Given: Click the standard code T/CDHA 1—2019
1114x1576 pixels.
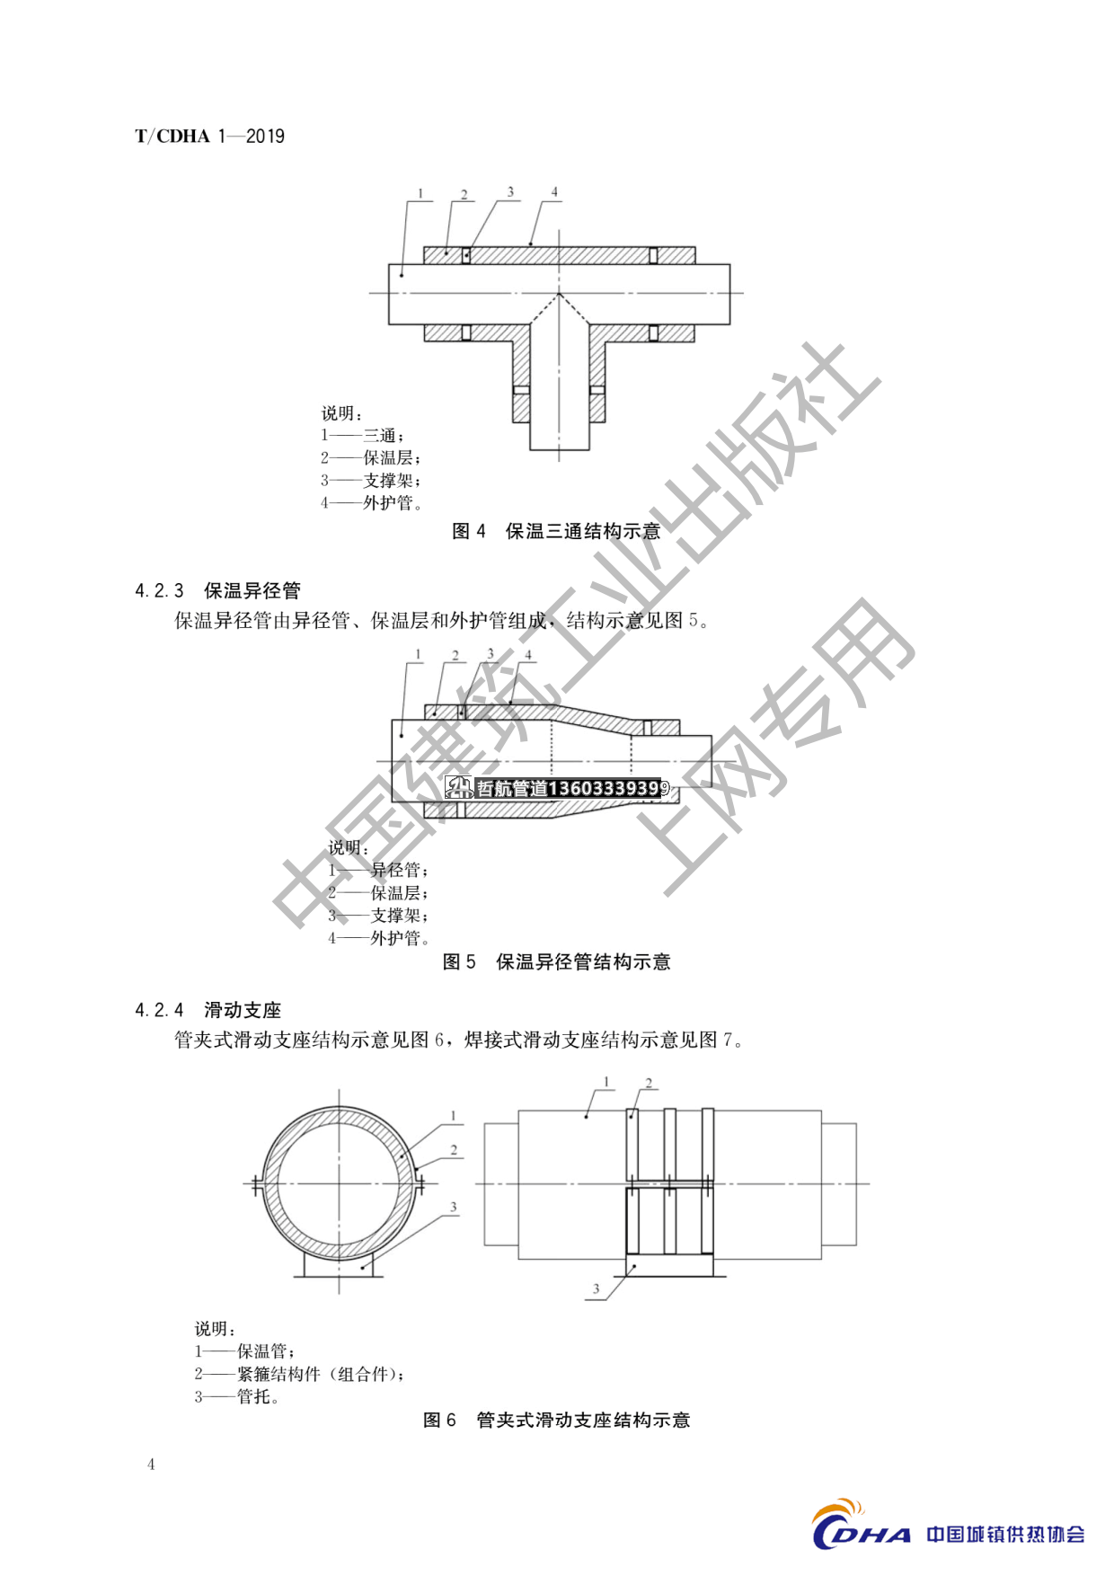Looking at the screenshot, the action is click(209, 137).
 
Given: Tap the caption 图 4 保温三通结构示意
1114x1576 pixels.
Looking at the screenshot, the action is click(556, 531).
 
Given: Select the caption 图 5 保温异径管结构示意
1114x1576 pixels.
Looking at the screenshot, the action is click(557, 962).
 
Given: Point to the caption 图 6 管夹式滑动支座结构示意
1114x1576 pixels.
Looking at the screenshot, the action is click(557, 1420).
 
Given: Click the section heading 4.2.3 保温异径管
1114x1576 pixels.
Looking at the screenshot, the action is click(217, 590).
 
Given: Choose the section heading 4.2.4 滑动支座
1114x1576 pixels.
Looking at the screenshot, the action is click(208, 1010).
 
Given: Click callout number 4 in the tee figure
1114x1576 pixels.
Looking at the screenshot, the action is click(554, 191).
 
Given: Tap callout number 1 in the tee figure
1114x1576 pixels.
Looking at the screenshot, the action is click(420, 193).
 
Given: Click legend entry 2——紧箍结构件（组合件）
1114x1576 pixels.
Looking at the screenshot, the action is click(300, 1374).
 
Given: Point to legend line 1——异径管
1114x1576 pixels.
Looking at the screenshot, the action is click(378, 870).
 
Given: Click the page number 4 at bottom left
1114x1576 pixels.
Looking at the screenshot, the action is click(151, 1465).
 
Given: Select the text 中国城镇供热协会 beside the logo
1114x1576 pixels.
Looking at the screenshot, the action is click(1005, 1534).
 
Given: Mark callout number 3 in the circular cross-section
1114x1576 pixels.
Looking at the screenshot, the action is click(454, 1208).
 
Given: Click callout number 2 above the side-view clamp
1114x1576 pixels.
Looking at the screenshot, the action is click(649, 1083).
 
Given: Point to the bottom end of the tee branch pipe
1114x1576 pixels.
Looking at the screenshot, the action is click(559, 448).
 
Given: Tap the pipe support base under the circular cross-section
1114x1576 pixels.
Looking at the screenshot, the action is click(339, 1264).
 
